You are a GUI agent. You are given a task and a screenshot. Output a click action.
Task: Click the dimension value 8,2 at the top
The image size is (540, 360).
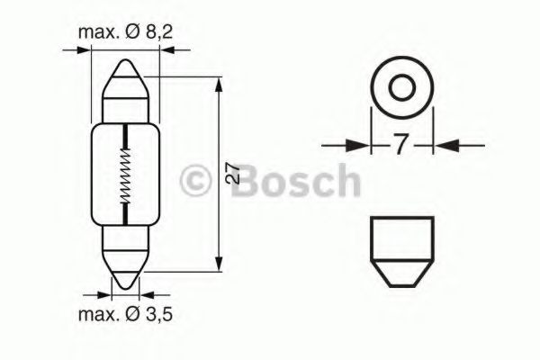coord(158,32)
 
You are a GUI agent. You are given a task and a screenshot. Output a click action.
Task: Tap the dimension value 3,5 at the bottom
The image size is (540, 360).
coord(158,314)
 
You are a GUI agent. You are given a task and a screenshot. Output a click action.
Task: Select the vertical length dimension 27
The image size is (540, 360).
coord(232,175)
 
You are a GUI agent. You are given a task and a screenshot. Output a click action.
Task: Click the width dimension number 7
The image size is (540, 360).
coord(400,144)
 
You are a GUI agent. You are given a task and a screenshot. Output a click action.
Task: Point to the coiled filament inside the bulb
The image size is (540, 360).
coord(125,175)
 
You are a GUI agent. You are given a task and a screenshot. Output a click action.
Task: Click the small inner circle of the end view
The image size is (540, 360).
coord(401,86)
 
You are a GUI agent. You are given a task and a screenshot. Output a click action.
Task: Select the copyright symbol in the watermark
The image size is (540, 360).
coord(195,181)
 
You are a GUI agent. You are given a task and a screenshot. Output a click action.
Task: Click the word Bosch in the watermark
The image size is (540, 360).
coord(295,181)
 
